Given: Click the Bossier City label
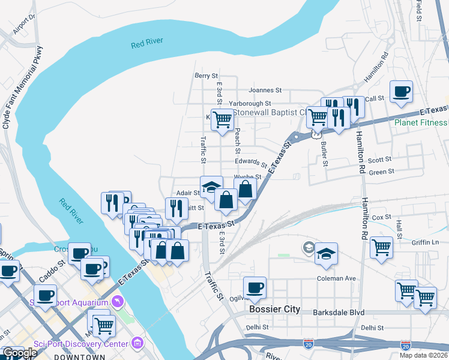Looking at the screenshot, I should [x=274, y=310].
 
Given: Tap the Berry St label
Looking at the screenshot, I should [x=206, y=76].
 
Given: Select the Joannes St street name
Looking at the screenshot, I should [x=265, y=90].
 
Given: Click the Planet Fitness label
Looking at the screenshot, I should [x=421, y=123].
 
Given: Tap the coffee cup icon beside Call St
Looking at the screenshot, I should [x=401, y=92].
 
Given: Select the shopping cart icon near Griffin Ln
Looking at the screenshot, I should [x=381, y=247].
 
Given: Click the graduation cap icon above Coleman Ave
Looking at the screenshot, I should [x=326, y=253].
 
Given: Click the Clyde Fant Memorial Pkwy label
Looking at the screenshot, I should [x=23, y=87].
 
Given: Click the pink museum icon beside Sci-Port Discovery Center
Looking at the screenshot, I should [x=138, y=343].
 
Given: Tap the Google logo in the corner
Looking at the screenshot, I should [x=20, y=353].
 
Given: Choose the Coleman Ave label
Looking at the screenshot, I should [x=337, y=278].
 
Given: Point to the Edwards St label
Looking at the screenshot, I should [x=251, y=163].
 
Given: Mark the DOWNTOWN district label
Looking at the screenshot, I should [x=76, y=356].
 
